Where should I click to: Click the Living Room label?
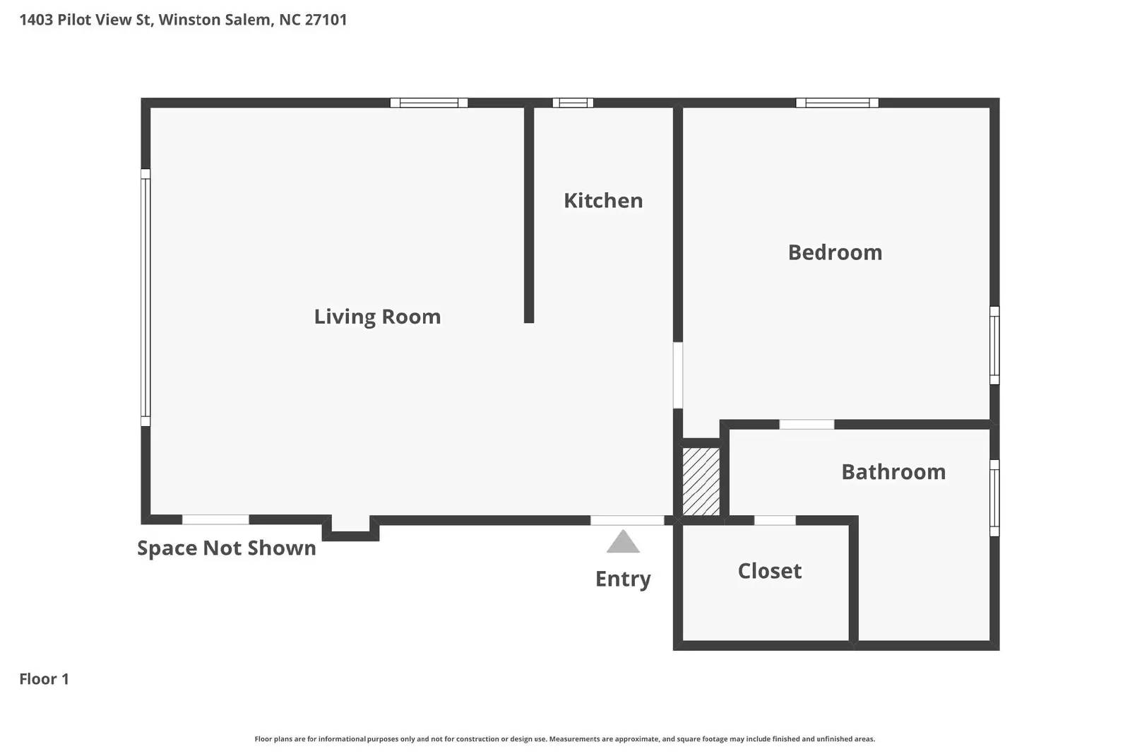click(377, 317)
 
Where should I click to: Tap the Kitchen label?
click(603, 201)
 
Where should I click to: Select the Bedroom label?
click(835, 252)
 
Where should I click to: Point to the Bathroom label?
click(893, 472)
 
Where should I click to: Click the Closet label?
click(770, 571)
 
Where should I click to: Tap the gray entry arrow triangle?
click(623, 543)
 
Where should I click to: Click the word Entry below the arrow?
click(623, 579)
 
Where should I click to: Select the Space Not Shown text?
click(226, 548)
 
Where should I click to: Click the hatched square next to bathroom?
click(701, 481)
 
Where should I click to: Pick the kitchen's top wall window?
click(573, 103)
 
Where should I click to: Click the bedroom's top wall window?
click(837, 103)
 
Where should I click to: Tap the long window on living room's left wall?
click(145, 297)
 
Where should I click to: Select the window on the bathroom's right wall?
click(994, 497)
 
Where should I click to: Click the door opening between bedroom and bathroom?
click(807, 425)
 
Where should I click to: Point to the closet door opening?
click(775, 521)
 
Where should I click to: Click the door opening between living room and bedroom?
click(678, 375)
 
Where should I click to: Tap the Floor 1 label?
click(44, 679)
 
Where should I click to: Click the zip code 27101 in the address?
click(326, 20)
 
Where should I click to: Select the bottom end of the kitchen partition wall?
click(529, 319)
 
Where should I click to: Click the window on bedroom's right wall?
click(994, 346)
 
